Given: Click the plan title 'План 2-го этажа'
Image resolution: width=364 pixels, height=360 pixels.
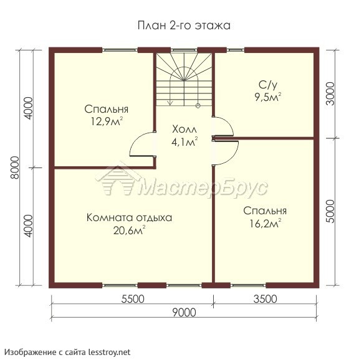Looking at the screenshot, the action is pyautogui.click(x=184, y=26).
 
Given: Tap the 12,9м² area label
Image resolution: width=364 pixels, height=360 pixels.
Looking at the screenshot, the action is pyautogui.click(x=107, y=121).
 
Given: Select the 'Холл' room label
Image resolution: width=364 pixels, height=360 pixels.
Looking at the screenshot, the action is pyautogui.click(x=184, y=130).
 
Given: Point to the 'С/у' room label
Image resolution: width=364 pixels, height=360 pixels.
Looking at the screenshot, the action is pyautogui.click(x=268, y=85).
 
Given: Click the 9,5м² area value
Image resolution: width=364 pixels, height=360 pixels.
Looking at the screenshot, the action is pyautogui.click(x=268, y=97).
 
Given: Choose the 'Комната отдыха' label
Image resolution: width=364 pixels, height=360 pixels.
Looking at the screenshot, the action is pyautogui.click(x=129, y=218).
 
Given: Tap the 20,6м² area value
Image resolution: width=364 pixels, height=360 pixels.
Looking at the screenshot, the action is pyautogui.click(x=129, y=230).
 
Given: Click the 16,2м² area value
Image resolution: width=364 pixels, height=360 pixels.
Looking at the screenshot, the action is pyautogui.click(x=266, y=224).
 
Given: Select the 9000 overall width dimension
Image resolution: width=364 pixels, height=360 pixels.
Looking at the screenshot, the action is pyautogui.click(x=184, y=313).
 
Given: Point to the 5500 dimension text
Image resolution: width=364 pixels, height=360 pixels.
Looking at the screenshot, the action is pyautogui.click(x=133, y=299).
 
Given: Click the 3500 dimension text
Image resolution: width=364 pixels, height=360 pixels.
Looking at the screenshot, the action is pyautogui.click(x=265, y=299).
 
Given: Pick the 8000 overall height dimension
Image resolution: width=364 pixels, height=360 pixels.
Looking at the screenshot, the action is pyautogui.click(x=15, y=168).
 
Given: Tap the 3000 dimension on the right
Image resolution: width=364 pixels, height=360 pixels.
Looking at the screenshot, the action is pyautogui.click(x=330, y=94).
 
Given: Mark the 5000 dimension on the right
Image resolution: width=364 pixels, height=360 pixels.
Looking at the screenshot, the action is pyautogui.click(x=330, y=212).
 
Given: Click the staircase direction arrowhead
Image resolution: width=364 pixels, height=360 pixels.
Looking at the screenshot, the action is pyautogui.click(x=171, y=103).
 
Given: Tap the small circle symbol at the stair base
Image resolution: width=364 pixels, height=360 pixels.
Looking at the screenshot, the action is pyautogui.click(x=198, y=106).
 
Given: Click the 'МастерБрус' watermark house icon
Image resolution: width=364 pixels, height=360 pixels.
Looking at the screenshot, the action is pyautogui.click(x=118, y=181).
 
